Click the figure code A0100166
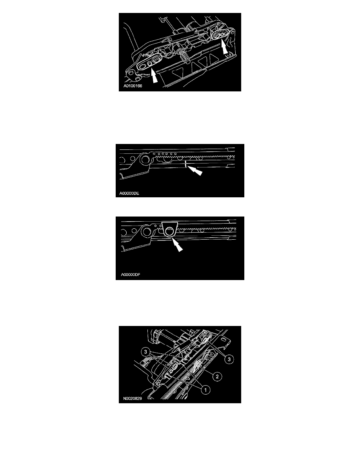133,86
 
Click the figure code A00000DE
129,193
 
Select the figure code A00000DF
131,275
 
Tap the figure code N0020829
133,398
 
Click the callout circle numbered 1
205,390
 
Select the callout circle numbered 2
217,377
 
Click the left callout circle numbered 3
145,352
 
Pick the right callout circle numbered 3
229,359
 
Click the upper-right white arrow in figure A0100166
225,47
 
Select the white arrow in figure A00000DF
177,245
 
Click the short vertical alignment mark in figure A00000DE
185,164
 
